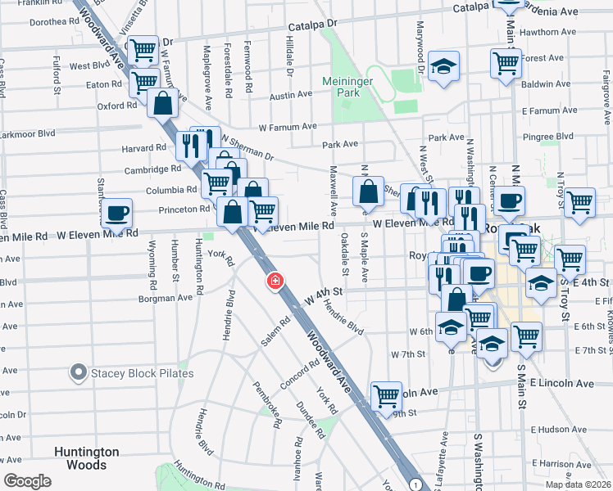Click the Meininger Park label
(x=352, y=86)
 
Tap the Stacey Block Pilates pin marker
(x=79, y=373)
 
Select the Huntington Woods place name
(x=87, y=458)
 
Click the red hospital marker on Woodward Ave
(x=275, y=282)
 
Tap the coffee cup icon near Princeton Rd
(x=117, y=213)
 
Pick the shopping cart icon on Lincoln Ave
(x=386, y=396)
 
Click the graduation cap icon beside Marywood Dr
(x=443, y=66)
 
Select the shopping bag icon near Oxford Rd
(x=163, y=104)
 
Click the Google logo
(x=28, y=480)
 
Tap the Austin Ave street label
(x=293, y=95)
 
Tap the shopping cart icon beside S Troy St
(x=570, y=260)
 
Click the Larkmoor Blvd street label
(x=29, y=133)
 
